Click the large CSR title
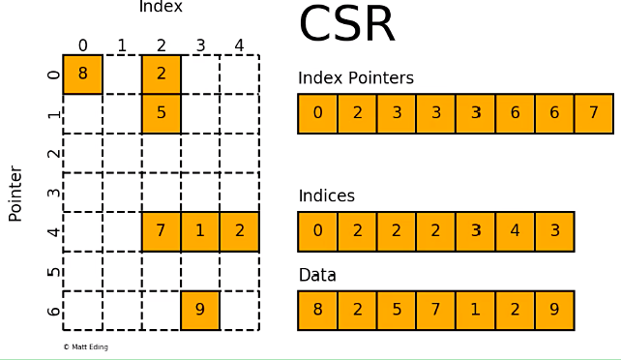coord(347,25)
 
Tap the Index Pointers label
coord(355,78)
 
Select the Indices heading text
coord(326,196)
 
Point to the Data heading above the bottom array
coord(317,276)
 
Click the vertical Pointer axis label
coord(15,194)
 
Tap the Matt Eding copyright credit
coord(85,346)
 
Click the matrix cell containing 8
coord(83,75)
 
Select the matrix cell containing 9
coord(200,311)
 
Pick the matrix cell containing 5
coord(162,113)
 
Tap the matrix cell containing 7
coord(162,231)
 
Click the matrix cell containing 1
coord(200,231)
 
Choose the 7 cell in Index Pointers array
coord(593,113)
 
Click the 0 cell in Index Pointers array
coord(317,113)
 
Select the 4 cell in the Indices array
coord(515,231)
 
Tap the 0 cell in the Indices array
coord(317,231)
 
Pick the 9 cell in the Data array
coord(554,311)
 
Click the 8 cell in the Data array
coord(317,311)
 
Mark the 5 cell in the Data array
coord(397,311)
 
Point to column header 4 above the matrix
coord(239,45)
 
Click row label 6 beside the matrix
coord(54,311)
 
